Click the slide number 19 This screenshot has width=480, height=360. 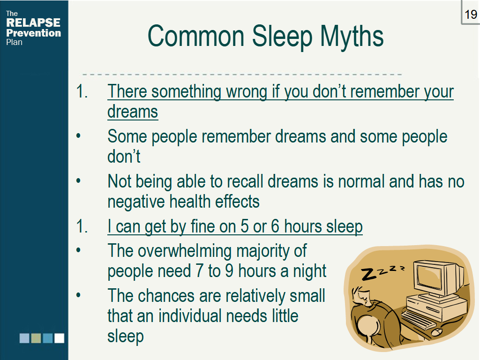click(471, 14)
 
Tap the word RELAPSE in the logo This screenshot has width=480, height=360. click(33, 23)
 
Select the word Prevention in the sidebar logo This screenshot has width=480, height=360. click(33, 33)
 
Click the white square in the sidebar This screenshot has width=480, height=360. click(59, 338)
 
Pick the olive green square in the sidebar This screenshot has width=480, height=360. click(36, 338)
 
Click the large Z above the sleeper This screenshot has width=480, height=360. click(369, 274)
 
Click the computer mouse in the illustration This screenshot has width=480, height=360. click(436, 332)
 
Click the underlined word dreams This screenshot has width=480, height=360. click(133, 112)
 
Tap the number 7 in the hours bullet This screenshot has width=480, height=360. click(198, 271)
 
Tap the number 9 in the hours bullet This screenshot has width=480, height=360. click(229, 271)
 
